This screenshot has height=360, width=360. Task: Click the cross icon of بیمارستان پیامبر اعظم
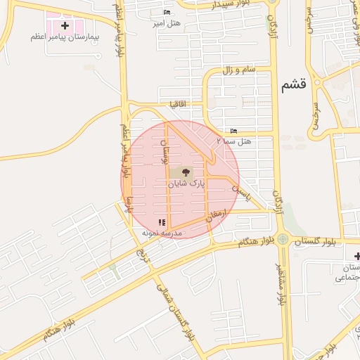65,25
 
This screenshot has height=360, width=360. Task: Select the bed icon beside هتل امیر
167,12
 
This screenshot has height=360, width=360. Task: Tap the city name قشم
293,85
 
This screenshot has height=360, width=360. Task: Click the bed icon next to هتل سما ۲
233,131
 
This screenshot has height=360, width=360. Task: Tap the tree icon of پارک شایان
186,172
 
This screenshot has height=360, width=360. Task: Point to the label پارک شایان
185,183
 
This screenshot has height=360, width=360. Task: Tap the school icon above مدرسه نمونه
162,222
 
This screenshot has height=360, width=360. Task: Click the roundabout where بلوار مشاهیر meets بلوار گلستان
282,239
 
